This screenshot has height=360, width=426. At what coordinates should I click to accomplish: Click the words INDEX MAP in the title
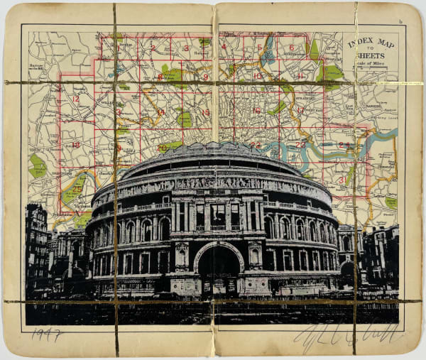(x=371, y=43)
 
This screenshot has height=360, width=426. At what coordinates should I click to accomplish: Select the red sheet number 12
(x=76, y=99)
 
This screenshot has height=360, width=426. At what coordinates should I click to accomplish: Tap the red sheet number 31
(x=342, y=180)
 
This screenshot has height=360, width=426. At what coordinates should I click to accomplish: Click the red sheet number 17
(x=301, y=110)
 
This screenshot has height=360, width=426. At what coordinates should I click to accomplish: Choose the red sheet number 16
(x=256, y=110)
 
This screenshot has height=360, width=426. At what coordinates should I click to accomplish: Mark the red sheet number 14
(x=161, y=111)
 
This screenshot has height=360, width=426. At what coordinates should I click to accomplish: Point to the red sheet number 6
(x=290, y=48)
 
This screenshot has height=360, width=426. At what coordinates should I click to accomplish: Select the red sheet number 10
(x=256, y=75)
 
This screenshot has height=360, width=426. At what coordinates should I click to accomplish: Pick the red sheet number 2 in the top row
(x=153, y=48)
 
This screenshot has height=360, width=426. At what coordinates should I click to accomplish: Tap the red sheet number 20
(x=163, y=148)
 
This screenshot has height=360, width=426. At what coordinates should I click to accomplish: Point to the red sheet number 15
(x=206, y=112)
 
